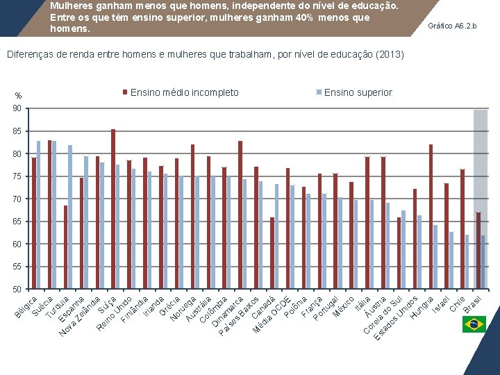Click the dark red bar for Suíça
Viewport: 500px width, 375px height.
click(113, 209)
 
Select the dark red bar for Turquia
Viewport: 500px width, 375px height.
click(66, 247)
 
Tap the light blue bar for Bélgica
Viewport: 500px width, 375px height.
click(39, 215)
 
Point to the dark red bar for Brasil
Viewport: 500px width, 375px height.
click(478, 251)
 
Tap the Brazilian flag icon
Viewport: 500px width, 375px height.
click(474, 324)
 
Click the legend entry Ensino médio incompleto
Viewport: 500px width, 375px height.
click(184, 92)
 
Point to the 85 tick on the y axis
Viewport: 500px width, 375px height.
click(15, 131)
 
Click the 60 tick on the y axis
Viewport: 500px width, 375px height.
click(15, 244)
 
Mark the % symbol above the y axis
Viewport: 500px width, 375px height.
click(18, 96)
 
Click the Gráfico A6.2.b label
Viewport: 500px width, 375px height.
click(453, 26)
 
